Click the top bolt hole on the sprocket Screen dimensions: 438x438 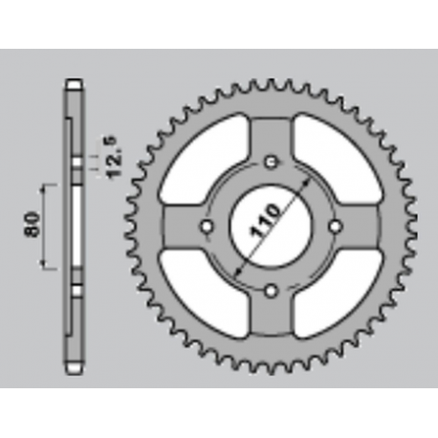(272, 161)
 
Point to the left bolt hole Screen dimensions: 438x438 (208, 225)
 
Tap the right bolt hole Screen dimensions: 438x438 (335, 225)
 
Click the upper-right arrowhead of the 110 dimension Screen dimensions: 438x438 (305, 180)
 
